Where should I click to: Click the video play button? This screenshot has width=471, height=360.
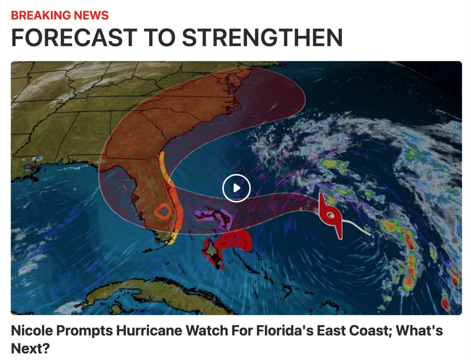pyautogui.click(x=236, y=188)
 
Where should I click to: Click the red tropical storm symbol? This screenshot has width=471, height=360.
pyautogui.click(x=331, y=215)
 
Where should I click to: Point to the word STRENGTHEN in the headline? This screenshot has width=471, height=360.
pyautogui.click(x=262, y=38)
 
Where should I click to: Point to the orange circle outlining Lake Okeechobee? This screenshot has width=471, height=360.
pyautogui.click(x=162, y=211)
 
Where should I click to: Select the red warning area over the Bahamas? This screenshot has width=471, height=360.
pyautogui.click(x=234, y=241)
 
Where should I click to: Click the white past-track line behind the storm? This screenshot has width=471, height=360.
pyautogui.click(x=358, y=227)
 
